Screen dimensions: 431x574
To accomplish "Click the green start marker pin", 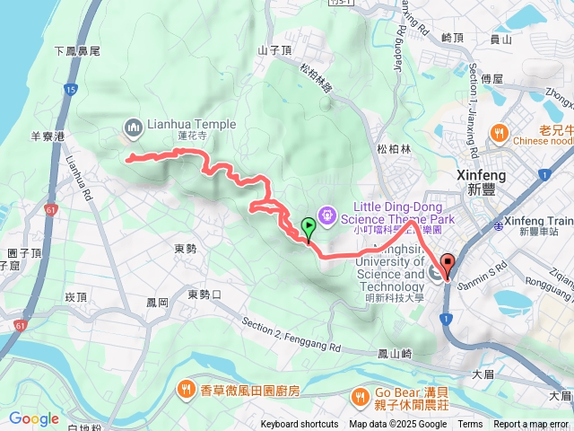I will click(309, 228).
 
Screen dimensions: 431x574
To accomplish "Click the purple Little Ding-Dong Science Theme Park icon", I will click(326, 215).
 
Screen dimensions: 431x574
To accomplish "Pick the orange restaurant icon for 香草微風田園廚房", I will click(185, 389).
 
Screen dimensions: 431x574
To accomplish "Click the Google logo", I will click(33, 418).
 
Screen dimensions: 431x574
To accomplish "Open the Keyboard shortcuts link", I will click(300, 425).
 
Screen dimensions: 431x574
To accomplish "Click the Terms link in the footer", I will click(470, 425).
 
